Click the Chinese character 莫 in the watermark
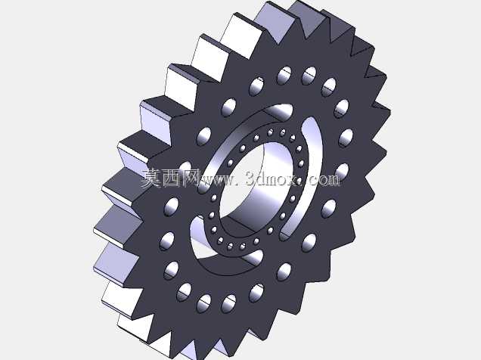[151, 178]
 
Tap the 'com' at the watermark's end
[325, 180]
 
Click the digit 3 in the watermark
[251, 178]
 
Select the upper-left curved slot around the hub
[233, 135]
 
